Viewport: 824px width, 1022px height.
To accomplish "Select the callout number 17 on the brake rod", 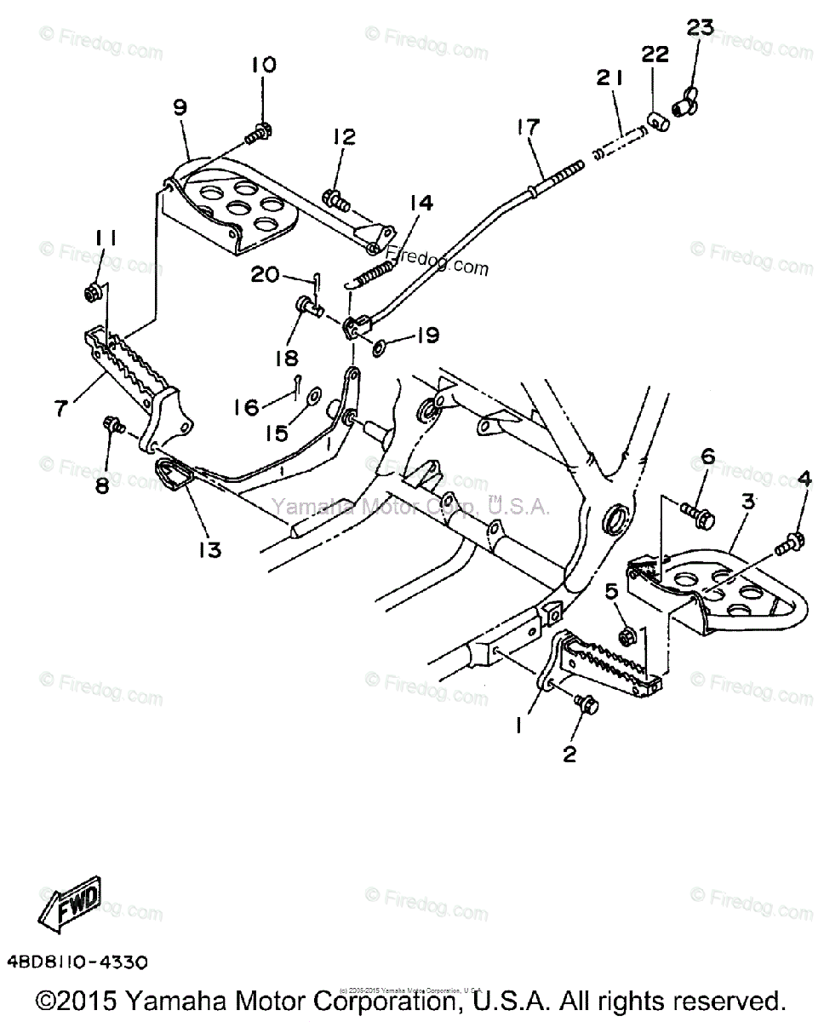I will click(528, 129).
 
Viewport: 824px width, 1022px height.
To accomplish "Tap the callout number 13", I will click(209, 549).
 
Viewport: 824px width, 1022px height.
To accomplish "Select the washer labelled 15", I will click(312, 395).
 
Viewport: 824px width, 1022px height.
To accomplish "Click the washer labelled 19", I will click(379, 345).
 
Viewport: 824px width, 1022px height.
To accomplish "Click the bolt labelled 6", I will click(697, 513).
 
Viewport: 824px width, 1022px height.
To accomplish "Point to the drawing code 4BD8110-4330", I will click(77, 962).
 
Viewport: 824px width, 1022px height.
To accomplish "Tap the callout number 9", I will click(180, 108).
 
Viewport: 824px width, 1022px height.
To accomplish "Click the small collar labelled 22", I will click(654, 119).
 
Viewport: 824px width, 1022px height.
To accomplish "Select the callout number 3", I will click(747, 502).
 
